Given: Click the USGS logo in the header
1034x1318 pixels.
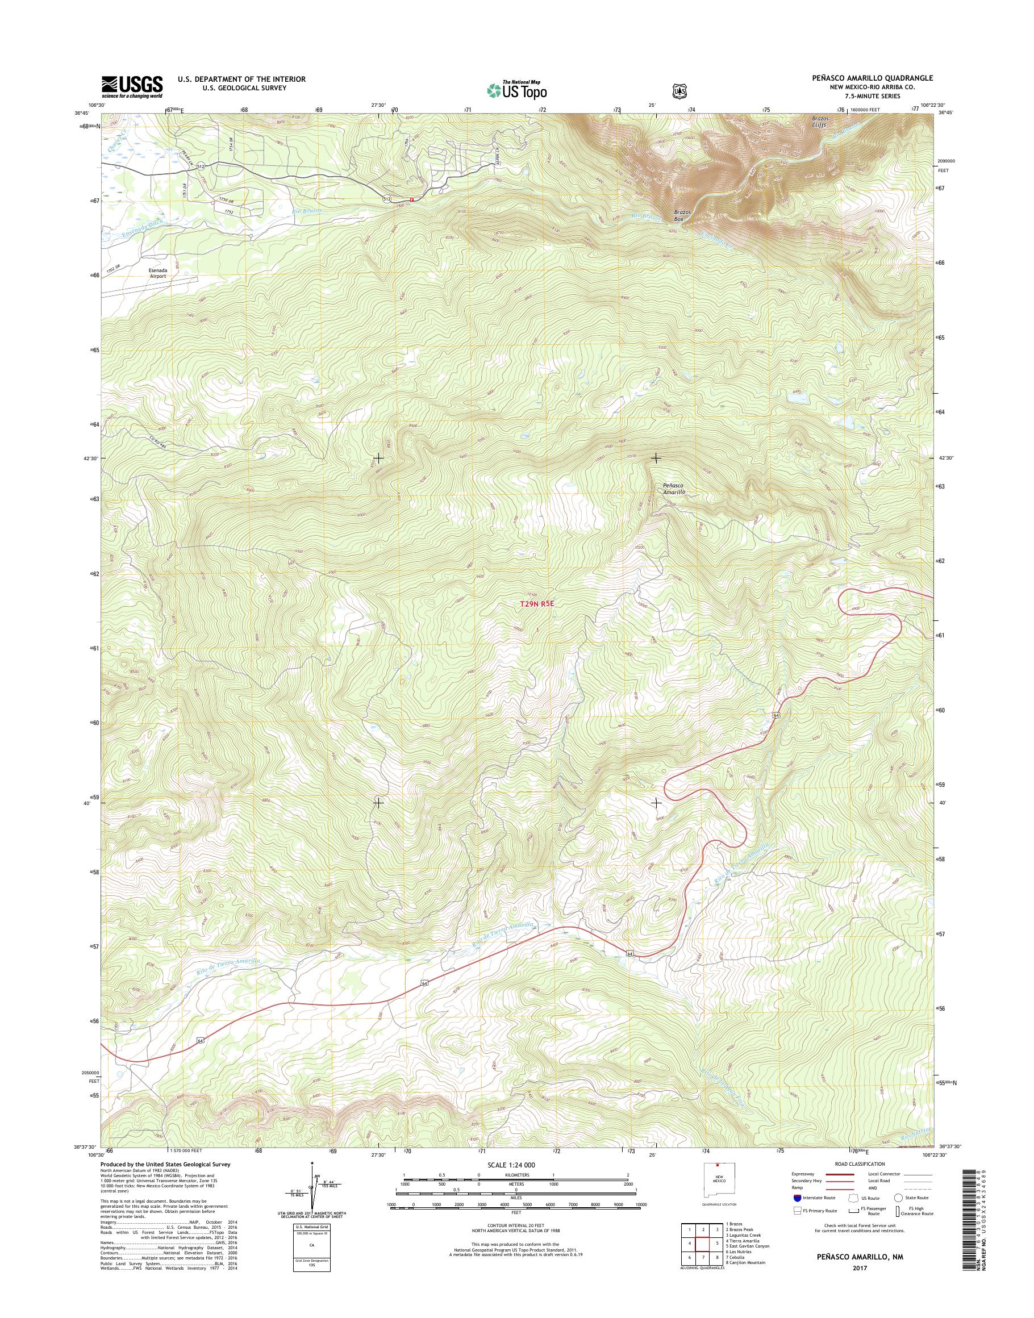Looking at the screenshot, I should [x=132, y=86].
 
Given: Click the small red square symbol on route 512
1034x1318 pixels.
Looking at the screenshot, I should [x=412, y=199].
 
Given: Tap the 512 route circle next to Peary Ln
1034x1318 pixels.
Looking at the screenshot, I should [x=201, y=166].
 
